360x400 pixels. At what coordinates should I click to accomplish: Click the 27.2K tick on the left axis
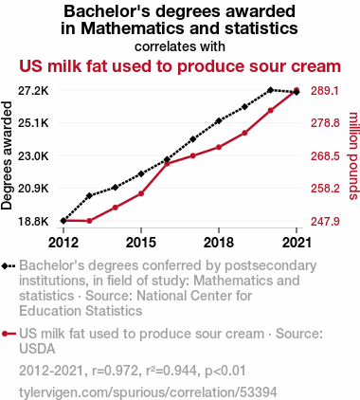tap(33, 91)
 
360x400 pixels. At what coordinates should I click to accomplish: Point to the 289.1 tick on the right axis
tap(325, 91)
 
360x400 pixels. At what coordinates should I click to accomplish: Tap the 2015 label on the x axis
tap(141, 243)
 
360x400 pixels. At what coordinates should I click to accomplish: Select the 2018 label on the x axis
tap(219, 243)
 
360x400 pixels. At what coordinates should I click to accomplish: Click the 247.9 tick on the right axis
tap(325, 221)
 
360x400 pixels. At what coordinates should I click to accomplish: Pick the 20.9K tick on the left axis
tap(33, 189)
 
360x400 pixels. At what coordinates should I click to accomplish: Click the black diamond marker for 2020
tap(270, 90)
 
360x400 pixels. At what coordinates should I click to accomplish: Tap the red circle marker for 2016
tap(167, 164)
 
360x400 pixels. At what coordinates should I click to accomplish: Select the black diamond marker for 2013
tap(89, 196)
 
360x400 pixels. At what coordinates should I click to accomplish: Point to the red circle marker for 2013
tap(89, 221)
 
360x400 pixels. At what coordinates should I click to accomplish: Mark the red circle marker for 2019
tap(244, 133)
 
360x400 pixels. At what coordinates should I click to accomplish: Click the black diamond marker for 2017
tap(193, 139)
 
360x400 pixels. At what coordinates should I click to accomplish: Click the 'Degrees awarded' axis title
tap(7, 155)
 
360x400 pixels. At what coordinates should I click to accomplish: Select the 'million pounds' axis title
tap(353, 155)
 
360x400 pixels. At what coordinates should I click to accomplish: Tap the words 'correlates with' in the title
tap(180, 46)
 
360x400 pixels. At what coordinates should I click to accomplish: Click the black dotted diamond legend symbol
tap(9, 266)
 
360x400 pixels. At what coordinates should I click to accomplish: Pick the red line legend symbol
tap(9, 334)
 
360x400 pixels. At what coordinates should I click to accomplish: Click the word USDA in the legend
tap(37, 349)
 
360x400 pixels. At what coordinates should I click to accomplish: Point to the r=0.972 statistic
tap(115, 371)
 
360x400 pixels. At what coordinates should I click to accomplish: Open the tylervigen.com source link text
tap(148, 392)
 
